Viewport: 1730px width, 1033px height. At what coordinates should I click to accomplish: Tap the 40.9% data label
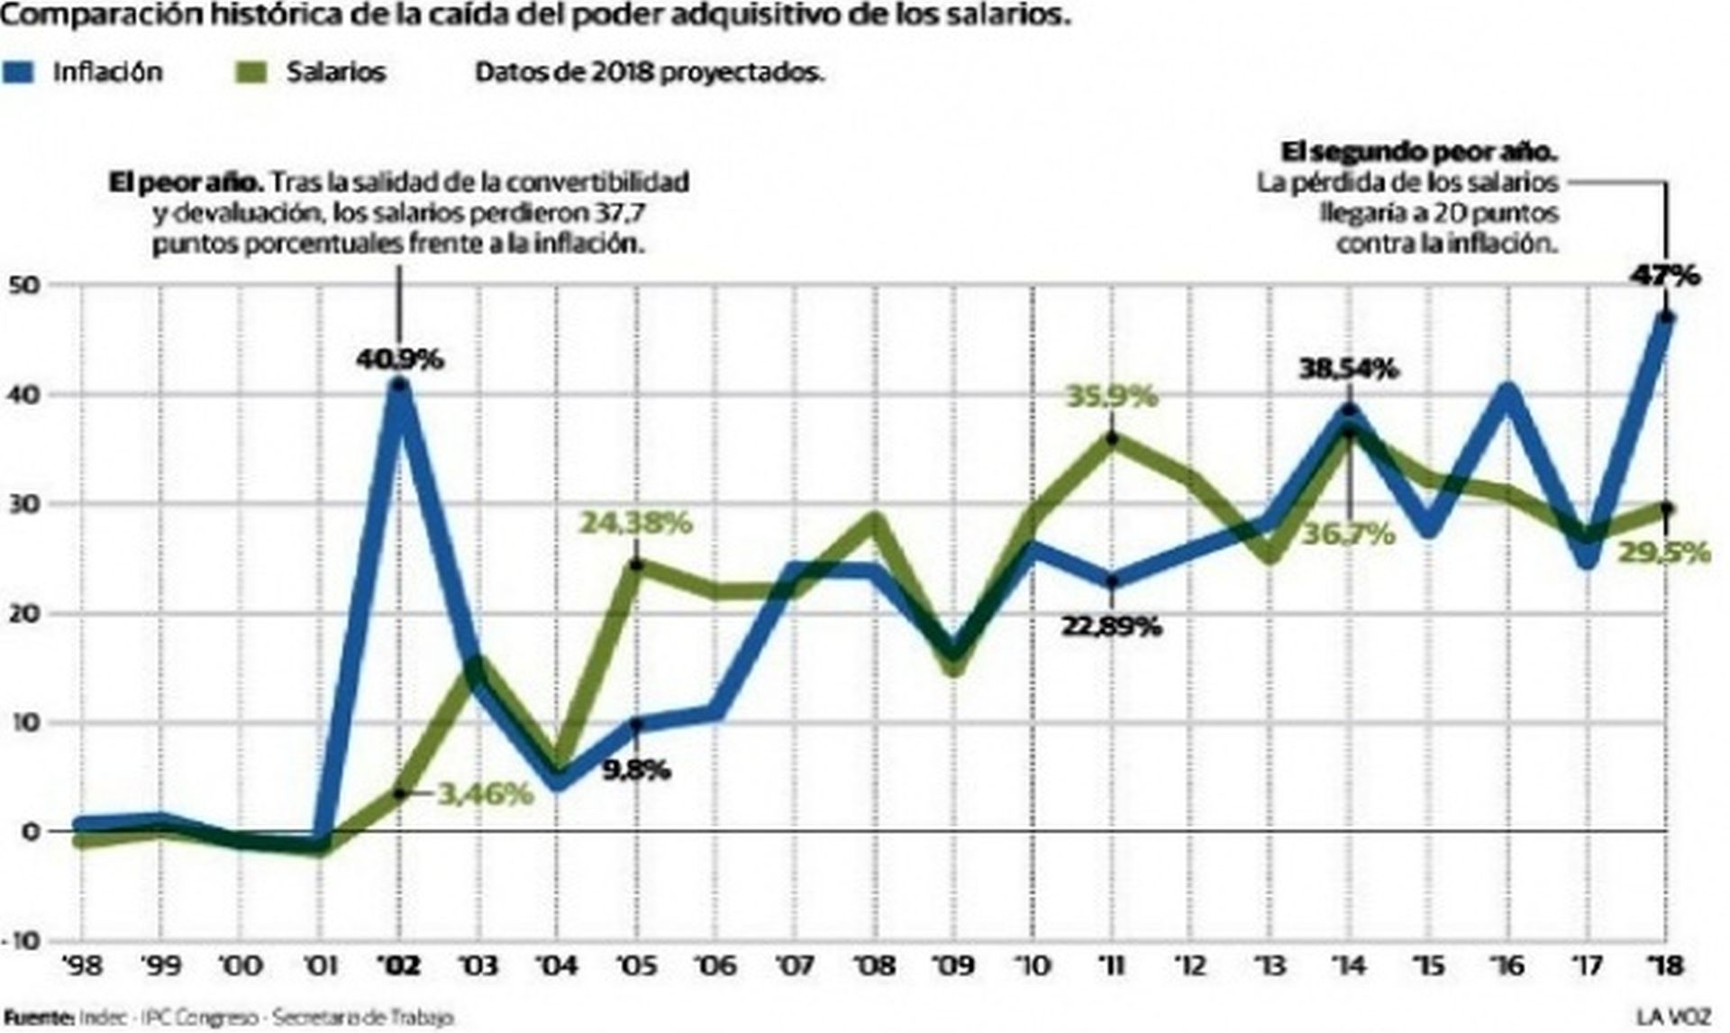[400, 359]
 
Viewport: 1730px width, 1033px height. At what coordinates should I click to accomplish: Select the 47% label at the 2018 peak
[1665, 275]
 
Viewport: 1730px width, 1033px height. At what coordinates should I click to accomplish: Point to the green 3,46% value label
[485, 794]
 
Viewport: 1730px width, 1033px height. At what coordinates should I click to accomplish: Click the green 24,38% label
[635, 523]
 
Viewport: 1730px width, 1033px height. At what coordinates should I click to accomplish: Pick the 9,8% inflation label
[636, 770]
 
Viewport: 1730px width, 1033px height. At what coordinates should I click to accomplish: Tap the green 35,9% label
[1111, 396]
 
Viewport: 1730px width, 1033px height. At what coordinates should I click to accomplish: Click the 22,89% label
[1111, 626]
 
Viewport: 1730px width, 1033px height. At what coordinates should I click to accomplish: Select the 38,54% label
[1348, 369]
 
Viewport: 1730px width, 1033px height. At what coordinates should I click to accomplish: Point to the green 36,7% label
[1348, 534]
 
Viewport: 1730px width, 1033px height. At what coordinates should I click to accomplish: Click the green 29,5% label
[1664, 552]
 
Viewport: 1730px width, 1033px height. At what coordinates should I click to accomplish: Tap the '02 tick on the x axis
[399, 966]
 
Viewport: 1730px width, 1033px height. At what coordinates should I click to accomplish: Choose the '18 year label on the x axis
[1665, 966]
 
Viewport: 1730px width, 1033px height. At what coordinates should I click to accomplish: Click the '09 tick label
[953, 966]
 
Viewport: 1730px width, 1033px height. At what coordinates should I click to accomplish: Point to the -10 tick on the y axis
[23, 941]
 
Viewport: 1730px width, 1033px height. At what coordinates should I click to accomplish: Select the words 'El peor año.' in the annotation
[186, 182]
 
